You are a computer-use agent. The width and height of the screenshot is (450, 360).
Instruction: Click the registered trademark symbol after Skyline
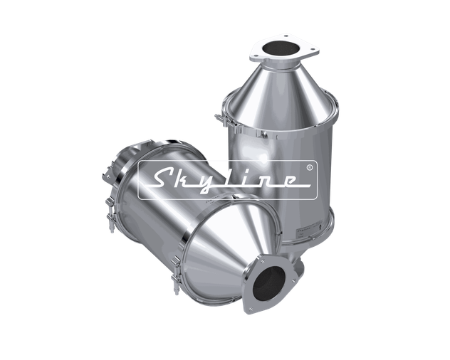point(308,169)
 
